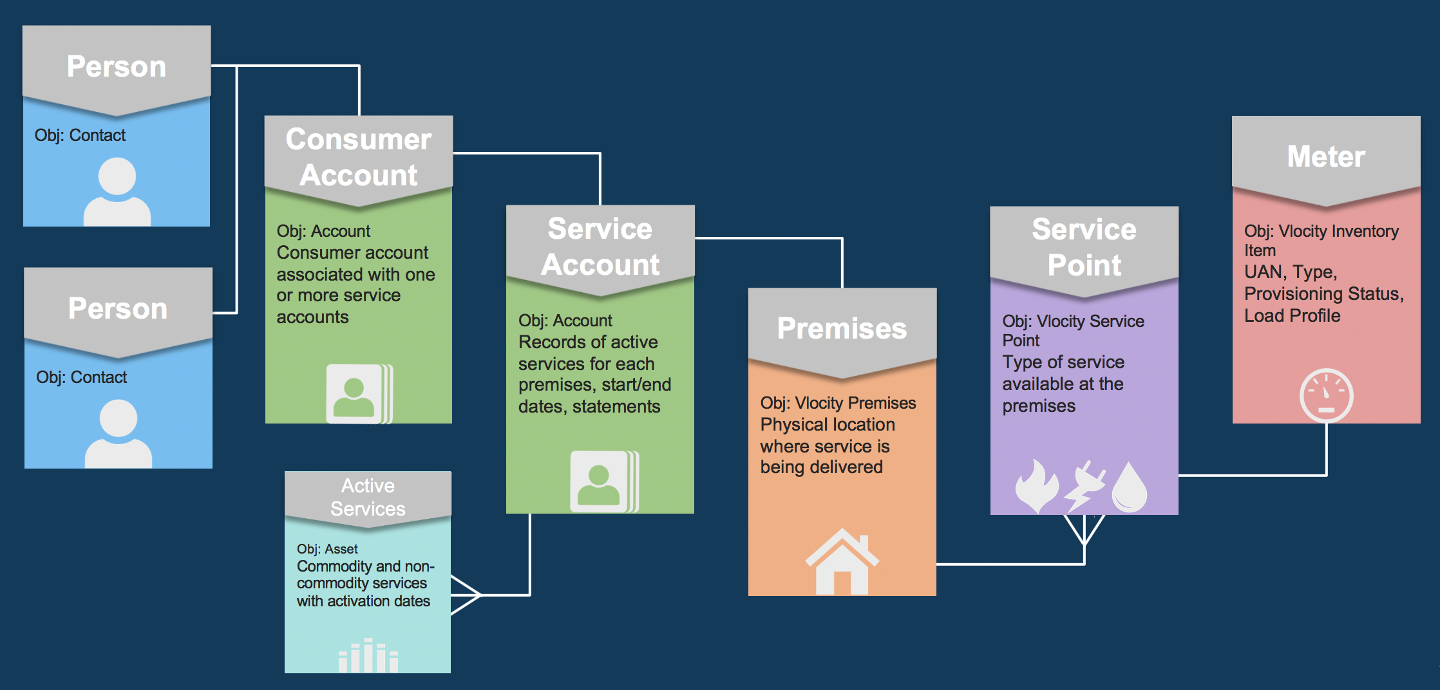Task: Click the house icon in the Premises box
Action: point(842,562)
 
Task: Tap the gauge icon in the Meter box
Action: point(1326,395)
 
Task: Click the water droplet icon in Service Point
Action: point(1130,487)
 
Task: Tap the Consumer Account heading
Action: point(359,157)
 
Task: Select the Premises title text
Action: point(842,328)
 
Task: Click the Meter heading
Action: point(1326,156)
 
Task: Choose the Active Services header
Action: point(368,497)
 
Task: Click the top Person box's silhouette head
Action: point(117,176)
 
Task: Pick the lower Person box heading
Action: point(118,308)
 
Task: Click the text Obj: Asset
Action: point(327,549)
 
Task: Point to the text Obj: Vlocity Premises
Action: point(838,403)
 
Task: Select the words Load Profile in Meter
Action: point(1292,315)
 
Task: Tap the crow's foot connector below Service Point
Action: point(1085,531)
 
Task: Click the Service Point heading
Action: point(1084,247)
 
